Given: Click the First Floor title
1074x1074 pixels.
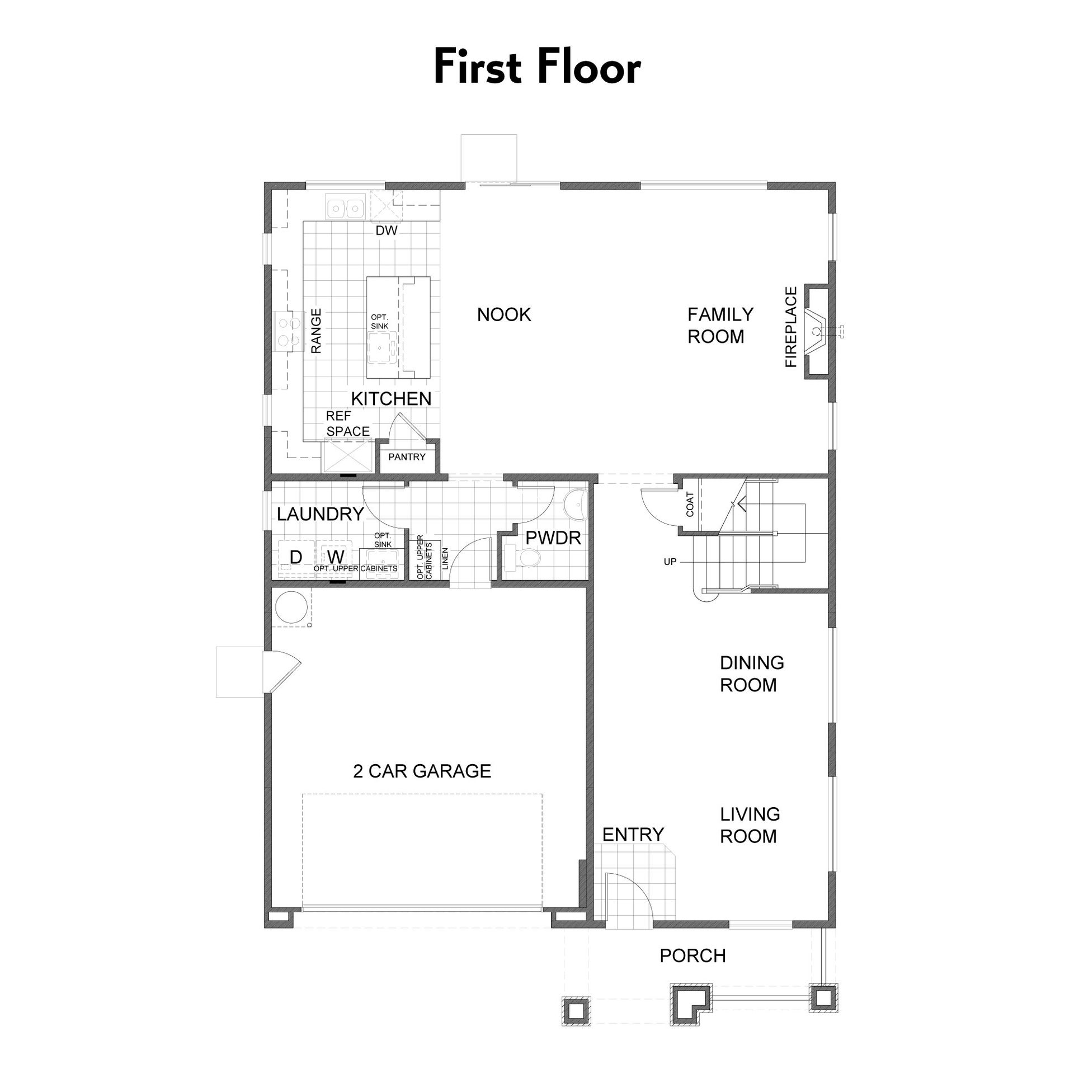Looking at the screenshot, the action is coord(537,67).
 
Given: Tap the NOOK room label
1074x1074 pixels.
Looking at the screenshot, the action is coord(504,314).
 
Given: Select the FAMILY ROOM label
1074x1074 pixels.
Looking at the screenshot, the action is coord(720,325).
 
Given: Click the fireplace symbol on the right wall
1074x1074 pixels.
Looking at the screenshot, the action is coord(817,331).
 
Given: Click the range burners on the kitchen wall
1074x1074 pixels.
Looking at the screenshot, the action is coord(288,331).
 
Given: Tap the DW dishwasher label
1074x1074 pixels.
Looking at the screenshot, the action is coord(387,230).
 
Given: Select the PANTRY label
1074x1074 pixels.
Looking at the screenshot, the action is coord(407,457).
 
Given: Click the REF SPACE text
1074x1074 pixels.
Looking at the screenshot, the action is coord(348,423).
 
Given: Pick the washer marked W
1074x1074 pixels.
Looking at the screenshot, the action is coord(335,557).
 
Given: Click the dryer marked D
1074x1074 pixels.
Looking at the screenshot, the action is coord(296,557).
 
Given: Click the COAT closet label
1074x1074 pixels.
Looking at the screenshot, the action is coord(690,504).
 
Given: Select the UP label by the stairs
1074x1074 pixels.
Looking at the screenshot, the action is coord(670,562).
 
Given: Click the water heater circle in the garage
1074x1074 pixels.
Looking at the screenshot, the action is coord(291,607).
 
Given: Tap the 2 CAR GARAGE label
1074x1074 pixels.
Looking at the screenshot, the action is coord(422,771).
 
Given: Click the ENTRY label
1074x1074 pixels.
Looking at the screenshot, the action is coord(633,834).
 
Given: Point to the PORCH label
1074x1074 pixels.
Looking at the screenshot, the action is coord(693,955).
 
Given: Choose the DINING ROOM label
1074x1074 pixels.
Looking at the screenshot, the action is coord(752,673).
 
